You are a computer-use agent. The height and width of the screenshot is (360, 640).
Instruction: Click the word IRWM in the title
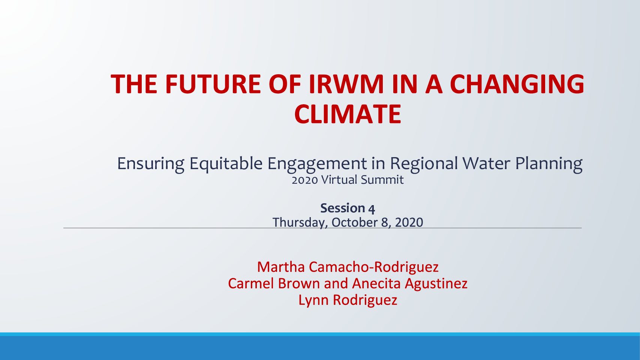click(346, 84)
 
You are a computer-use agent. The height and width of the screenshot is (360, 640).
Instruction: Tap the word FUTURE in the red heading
click(213, 84)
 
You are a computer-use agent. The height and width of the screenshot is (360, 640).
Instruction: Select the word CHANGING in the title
click(517, 84)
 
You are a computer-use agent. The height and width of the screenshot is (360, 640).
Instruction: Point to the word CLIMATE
click(348, 114)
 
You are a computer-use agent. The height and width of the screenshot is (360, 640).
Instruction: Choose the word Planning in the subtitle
click(549, 164)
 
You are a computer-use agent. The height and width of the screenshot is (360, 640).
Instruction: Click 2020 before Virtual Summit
click(304, 180)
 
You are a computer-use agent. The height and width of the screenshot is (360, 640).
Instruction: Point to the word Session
click(343, 208)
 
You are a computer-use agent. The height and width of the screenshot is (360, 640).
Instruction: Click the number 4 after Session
click(371, 209)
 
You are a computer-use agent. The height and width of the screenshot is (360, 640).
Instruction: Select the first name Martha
click(281, 267)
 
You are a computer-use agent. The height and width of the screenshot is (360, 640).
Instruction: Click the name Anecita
click(376, 283)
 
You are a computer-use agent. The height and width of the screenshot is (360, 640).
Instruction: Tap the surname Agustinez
click(436, 284)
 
